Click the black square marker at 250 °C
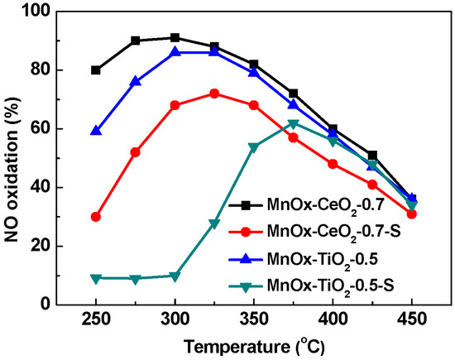click(x=96, y=70)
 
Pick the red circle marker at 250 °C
click(x=96, y=217)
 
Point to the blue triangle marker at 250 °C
click(x=96, y=131)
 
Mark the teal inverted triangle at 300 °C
click(x=175, y=276)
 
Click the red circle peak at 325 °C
click(x=214, y=94)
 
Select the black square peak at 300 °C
click(x=175, y=38)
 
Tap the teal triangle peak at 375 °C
click(x=293, y=124)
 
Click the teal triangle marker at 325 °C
click(x=214, y=223)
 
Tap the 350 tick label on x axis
click(x=253, y=319)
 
